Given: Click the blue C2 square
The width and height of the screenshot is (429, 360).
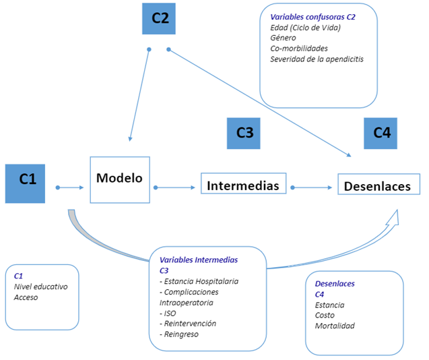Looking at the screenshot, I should coord(160,19).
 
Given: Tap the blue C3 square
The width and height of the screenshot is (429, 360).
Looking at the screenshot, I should coord(244,133).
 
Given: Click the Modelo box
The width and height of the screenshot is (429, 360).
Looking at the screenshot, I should coord(119,179).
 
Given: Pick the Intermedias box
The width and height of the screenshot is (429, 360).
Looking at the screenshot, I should coord(243,184).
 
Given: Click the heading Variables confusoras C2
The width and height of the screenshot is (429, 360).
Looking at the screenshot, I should coord(312,16).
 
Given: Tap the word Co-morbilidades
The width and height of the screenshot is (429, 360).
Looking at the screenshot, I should coord(299,49).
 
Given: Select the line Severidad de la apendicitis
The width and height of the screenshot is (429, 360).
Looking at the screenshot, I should coord(317,59).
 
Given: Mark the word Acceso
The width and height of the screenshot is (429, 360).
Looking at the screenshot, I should coord(26,297).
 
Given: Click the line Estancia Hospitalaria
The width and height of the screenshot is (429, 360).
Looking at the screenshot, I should coord(201,281).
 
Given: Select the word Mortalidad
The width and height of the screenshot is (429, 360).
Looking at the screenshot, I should coord(335,326).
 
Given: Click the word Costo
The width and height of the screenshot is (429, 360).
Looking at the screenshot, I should coord(325,316).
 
